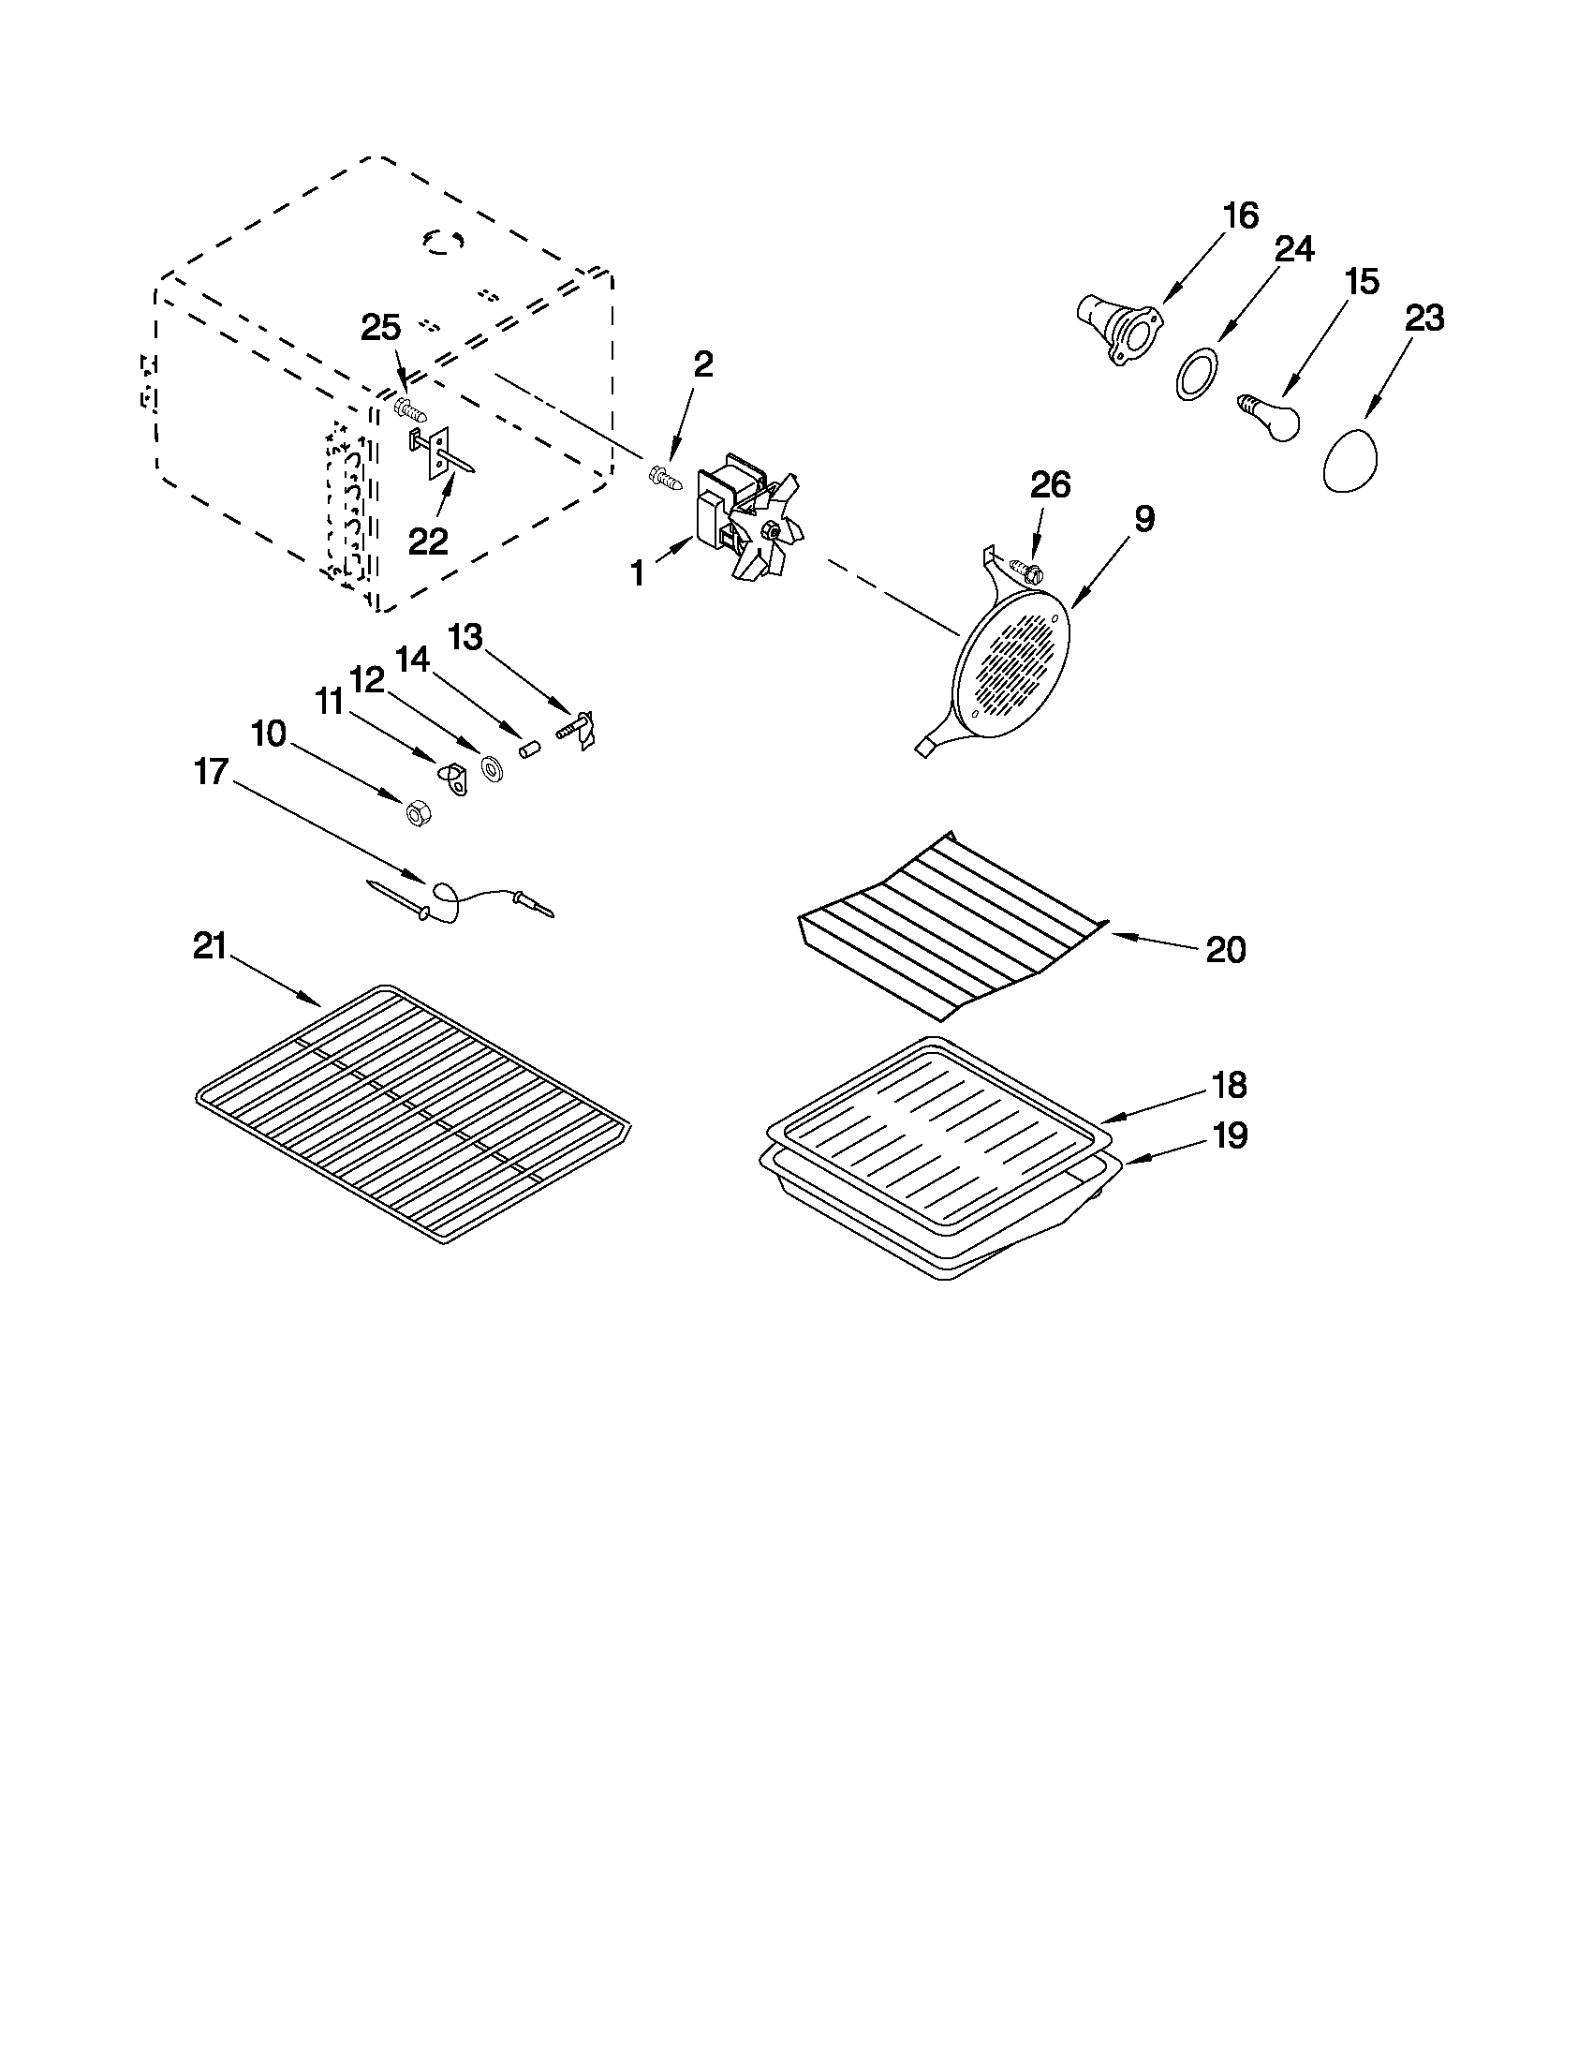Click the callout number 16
tap(1241, 216)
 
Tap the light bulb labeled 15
tap(1268, 418)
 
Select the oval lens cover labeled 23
tap(1350, 459)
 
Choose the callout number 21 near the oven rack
tap(210, 946)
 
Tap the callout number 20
tap(1226, 949)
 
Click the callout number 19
tap(1230, 1135)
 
